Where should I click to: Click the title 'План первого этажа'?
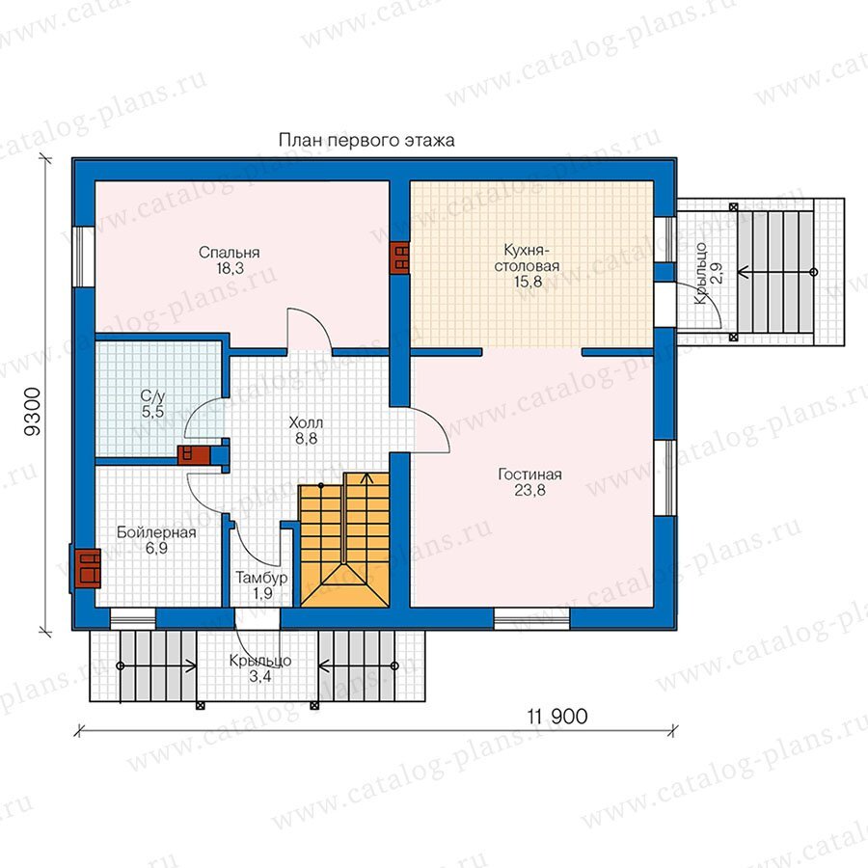(x=366, y=141)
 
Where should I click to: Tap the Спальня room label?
(x=230, y=253)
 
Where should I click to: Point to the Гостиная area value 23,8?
(x=529, y=491)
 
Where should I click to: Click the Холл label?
(x=306, y=423)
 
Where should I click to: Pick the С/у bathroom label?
(x=152, y=396)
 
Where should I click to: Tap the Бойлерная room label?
(x=156, y=532)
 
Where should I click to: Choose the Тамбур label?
(x=261, y=579)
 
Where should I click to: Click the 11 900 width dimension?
(x=557, y=717)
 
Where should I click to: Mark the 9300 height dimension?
(x=33, y=412)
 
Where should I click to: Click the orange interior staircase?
(x=344, y=539)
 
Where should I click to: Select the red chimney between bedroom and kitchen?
(x=399, y=258)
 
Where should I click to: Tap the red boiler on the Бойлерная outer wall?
(x=87, y=568)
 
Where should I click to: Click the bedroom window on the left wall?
(x=85, y=257)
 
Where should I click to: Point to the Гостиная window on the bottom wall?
(x=531, y=618)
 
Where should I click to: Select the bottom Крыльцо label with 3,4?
(x=260, y=668)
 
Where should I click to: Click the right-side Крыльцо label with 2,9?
(x=708, y=273)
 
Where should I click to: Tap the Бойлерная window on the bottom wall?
(x=133, y=618)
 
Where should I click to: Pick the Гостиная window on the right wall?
(x=665, y=478)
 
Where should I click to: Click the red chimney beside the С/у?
(x=194, y=455)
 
